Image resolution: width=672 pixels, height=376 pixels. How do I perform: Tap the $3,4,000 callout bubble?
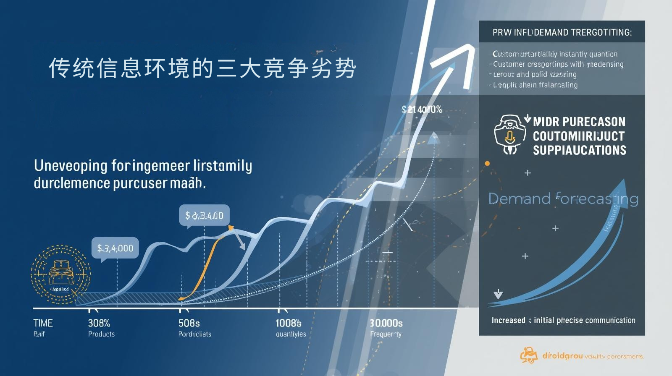115,248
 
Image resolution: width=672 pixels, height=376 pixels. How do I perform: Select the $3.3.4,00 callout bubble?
204,216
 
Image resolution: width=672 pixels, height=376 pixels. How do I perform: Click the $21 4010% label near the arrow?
422,110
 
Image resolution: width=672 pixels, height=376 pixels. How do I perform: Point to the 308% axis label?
99,323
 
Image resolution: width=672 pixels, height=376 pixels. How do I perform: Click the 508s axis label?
189,323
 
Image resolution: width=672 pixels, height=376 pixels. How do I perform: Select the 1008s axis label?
288,323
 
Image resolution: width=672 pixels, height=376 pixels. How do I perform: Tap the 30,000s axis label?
386,323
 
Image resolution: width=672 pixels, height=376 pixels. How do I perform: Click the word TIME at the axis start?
43,323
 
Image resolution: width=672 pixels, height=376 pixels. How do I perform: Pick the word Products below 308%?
101,334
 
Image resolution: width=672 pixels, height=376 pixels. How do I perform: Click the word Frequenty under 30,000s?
386,334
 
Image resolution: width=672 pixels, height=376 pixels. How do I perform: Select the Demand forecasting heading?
563,198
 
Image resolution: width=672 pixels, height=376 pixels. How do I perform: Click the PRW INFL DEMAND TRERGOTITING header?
562,32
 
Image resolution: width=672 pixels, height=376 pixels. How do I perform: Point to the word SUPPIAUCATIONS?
579,150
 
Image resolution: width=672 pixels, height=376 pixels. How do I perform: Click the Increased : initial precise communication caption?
563,320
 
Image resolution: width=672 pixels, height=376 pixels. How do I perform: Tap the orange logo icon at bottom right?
529,356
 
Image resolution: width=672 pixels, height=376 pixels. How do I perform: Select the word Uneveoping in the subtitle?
71,166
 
